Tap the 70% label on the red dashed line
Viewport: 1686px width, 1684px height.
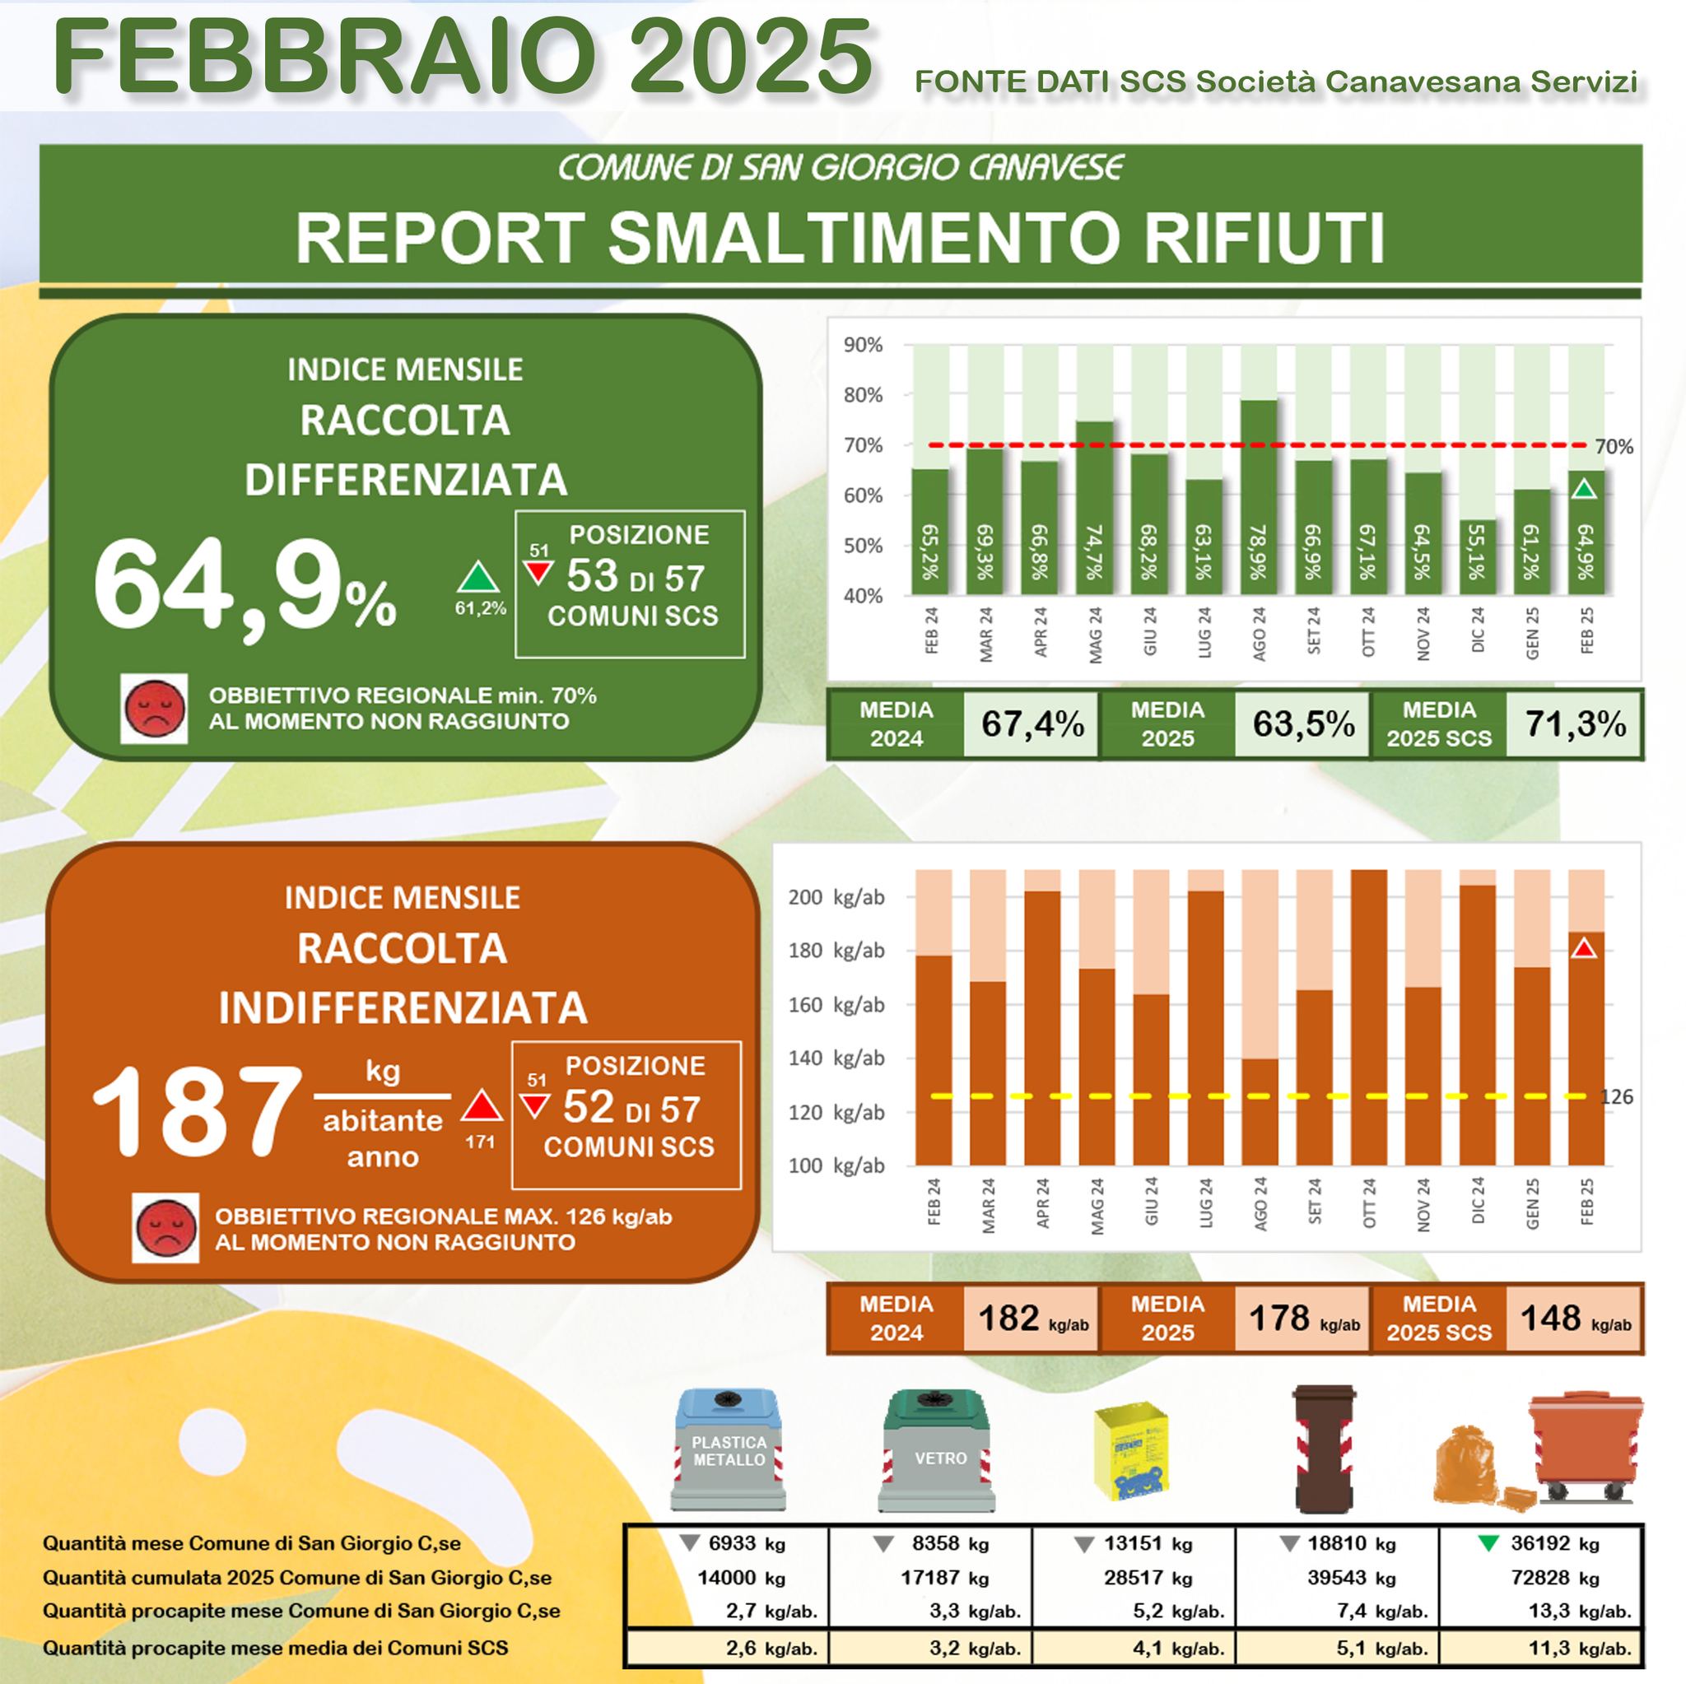coord(1614,447)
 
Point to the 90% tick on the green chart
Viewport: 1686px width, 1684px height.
coord(862,346)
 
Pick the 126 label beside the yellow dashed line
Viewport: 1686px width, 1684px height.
coord(1617,1097)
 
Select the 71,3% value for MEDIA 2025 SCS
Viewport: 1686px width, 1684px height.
coord(1575,724)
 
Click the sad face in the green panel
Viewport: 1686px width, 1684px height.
coord(155,709)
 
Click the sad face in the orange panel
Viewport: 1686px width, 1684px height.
coord(165,1228)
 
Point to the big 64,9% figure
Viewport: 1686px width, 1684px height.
coord(245,584)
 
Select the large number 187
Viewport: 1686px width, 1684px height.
coord(197,1114)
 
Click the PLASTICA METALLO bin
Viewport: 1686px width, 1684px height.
coord(728,1450)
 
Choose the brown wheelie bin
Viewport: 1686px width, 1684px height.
coord(1323,1449)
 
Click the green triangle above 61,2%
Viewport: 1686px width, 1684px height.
coord(478,578)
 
